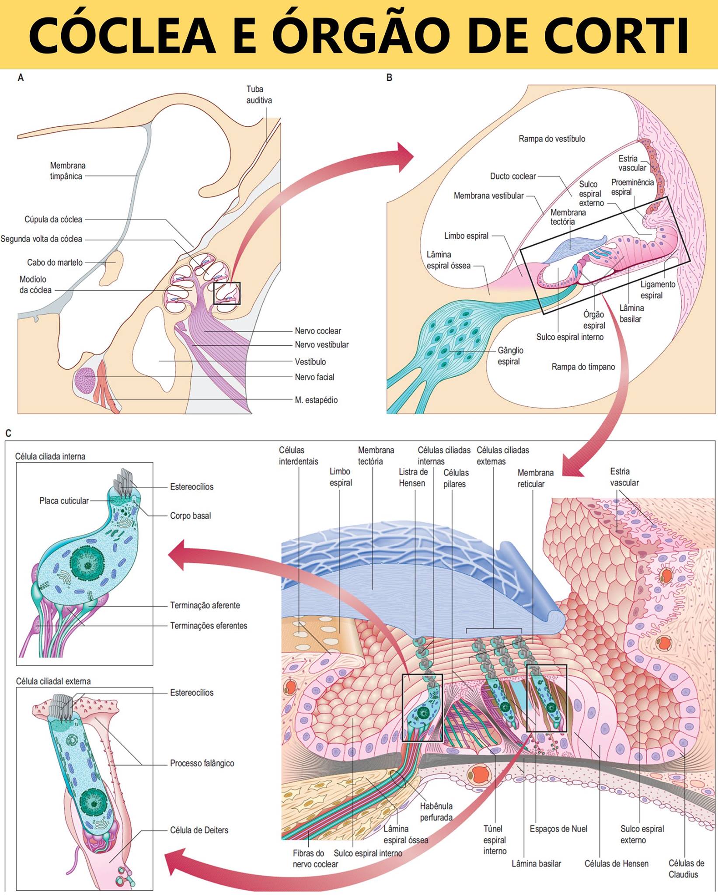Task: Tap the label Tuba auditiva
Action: [259, 94]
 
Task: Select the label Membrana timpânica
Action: [67, 170]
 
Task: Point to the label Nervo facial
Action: [314, 377]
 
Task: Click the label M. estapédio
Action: [316, 399]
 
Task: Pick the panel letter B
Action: [389, 77]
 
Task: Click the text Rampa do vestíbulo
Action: [552, 139]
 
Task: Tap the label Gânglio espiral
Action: [510, 356]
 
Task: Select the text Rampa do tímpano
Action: [583, 367]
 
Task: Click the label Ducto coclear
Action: [513, 176]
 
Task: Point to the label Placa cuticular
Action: [64, 501]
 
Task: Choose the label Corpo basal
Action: [191, 516]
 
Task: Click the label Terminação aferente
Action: [205, 605]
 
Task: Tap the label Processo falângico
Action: [202, 763]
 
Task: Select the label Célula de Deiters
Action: [199, 830]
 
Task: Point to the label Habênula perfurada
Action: [436, 812]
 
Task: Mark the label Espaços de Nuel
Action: [558, 829]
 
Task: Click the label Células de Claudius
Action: [686, 869]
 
